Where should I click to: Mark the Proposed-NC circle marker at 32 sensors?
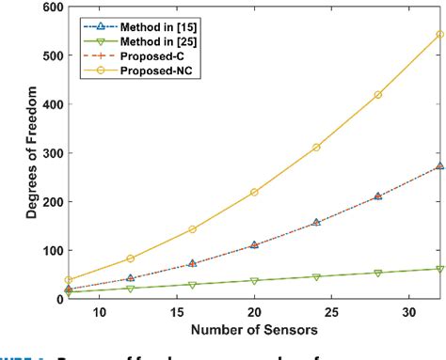(x=440, y=35)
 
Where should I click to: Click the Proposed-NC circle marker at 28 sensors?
(x=378, y=95)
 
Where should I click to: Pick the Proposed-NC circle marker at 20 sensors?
(x=254, y=192)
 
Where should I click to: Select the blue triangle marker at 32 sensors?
(x=440, y=166)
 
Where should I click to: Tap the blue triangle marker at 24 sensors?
(x=316, y=223)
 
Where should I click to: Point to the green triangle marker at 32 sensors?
(x=440, y=269)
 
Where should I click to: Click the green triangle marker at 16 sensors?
(x=192, y=285)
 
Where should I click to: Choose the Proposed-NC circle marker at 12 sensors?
(x=130, y=258)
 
